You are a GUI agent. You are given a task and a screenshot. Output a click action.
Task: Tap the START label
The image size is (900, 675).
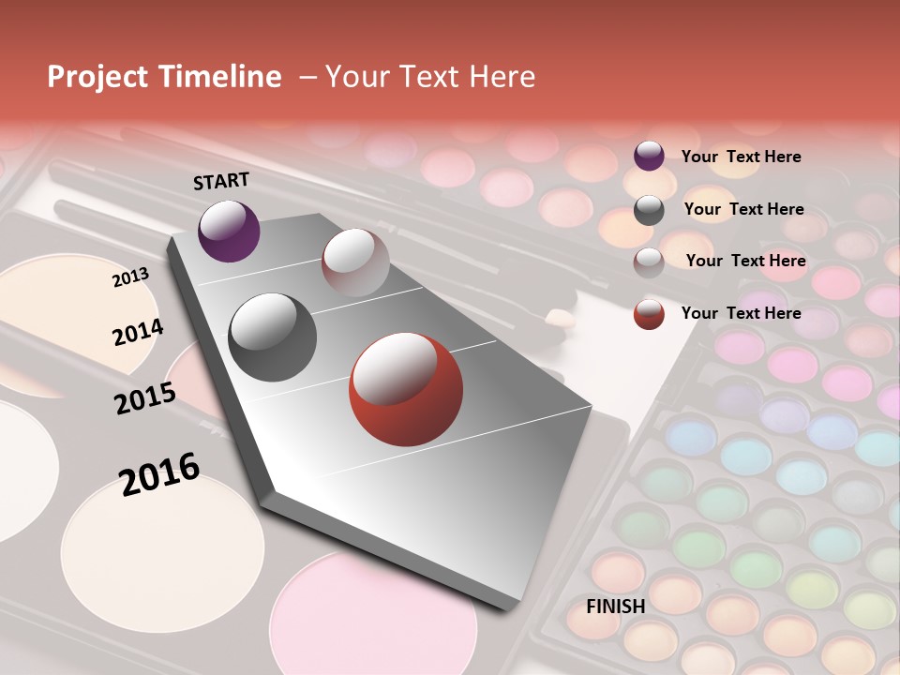point(221,181)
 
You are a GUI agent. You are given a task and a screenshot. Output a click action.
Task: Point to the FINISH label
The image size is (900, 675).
point(615,607)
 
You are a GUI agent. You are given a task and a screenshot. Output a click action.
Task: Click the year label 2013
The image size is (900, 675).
point(130,277)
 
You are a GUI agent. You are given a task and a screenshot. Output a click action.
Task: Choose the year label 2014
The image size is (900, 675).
point(138,332)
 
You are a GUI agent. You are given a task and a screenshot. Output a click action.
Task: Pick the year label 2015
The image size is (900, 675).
point(144,398)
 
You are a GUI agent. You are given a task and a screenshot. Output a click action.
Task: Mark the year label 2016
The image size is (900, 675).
point(159,473)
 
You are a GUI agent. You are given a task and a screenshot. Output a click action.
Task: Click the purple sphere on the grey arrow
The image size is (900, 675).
point(229,231)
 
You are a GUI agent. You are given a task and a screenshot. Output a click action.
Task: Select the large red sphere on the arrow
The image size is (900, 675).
point(406,389)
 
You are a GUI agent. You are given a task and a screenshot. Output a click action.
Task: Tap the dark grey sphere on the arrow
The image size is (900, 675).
point(273,337)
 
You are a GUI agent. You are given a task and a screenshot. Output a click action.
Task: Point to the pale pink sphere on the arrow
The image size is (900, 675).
point(355,262)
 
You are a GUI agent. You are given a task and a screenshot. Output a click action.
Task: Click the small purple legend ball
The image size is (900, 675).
point(649,157)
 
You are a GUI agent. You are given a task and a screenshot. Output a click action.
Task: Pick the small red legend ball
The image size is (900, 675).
point(649,314)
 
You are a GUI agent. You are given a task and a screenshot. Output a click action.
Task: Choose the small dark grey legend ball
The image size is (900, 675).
point(649,210)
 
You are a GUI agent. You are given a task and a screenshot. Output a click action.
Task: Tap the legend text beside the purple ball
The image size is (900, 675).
point(741,157)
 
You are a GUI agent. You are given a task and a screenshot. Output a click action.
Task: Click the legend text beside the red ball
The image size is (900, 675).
point(741,313)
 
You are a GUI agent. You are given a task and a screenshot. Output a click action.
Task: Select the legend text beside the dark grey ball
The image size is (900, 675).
point(743,209)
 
